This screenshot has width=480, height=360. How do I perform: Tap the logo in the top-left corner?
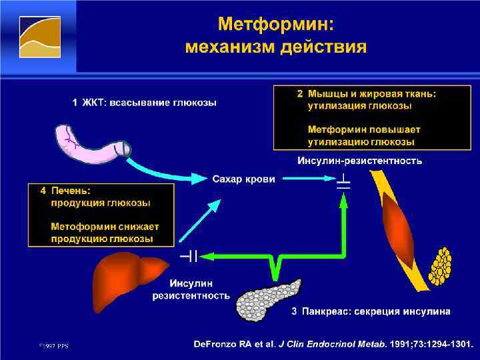coord(39,36)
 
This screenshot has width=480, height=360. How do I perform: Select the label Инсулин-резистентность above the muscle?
coord(359,161)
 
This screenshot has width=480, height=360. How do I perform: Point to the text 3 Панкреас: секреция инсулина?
coord(371,311)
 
